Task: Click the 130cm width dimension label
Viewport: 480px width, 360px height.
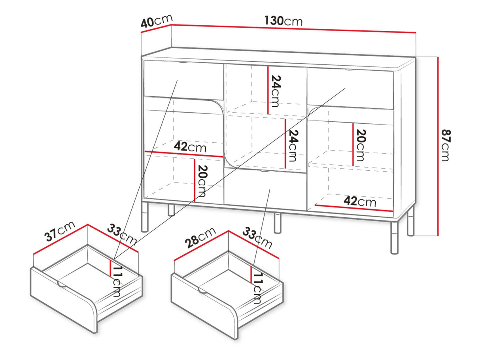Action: tap(283, 21)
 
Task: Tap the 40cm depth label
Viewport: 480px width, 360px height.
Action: tap(157, 21)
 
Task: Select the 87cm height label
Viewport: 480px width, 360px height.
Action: tap(446, 145)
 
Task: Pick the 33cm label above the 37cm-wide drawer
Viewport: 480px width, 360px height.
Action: tap(122, 234)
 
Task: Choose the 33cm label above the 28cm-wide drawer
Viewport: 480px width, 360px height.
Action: tap(257, 238)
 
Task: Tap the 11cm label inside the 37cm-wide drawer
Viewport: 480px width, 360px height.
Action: tap(117, 281)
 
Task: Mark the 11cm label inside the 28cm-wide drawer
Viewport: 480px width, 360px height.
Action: tap(257, 288)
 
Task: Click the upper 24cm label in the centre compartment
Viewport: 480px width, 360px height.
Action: tap(276, 91)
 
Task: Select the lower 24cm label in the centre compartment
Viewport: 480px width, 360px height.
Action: tap(293, 145)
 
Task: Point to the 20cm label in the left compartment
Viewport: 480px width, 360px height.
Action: tap(202, 181)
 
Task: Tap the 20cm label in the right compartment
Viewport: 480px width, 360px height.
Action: tap(361, 145)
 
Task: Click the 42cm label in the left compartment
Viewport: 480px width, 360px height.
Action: tap(190, 147)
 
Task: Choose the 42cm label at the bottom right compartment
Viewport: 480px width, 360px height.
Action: tap(360, 201)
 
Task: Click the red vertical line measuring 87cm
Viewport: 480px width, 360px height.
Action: tap(438, 147)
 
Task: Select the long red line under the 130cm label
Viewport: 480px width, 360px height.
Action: tap(293, 28)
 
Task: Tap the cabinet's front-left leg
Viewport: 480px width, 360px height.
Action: tap(145, 216)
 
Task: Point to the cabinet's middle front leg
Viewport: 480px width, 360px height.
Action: tap(277, 223)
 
